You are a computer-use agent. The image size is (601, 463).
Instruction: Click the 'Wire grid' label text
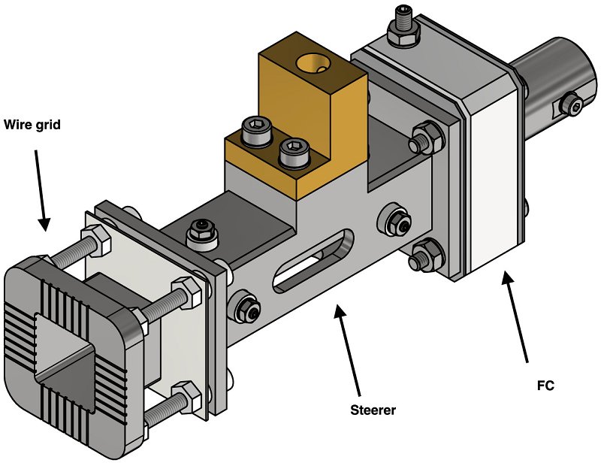point(32,125)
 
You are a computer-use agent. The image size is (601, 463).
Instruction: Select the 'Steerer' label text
point(373,410)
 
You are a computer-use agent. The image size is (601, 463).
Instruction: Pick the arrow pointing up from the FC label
point(518,316)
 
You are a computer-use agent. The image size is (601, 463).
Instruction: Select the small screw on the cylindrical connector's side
point(573,107)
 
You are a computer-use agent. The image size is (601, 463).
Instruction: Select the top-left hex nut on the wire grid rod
point(98,242)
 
